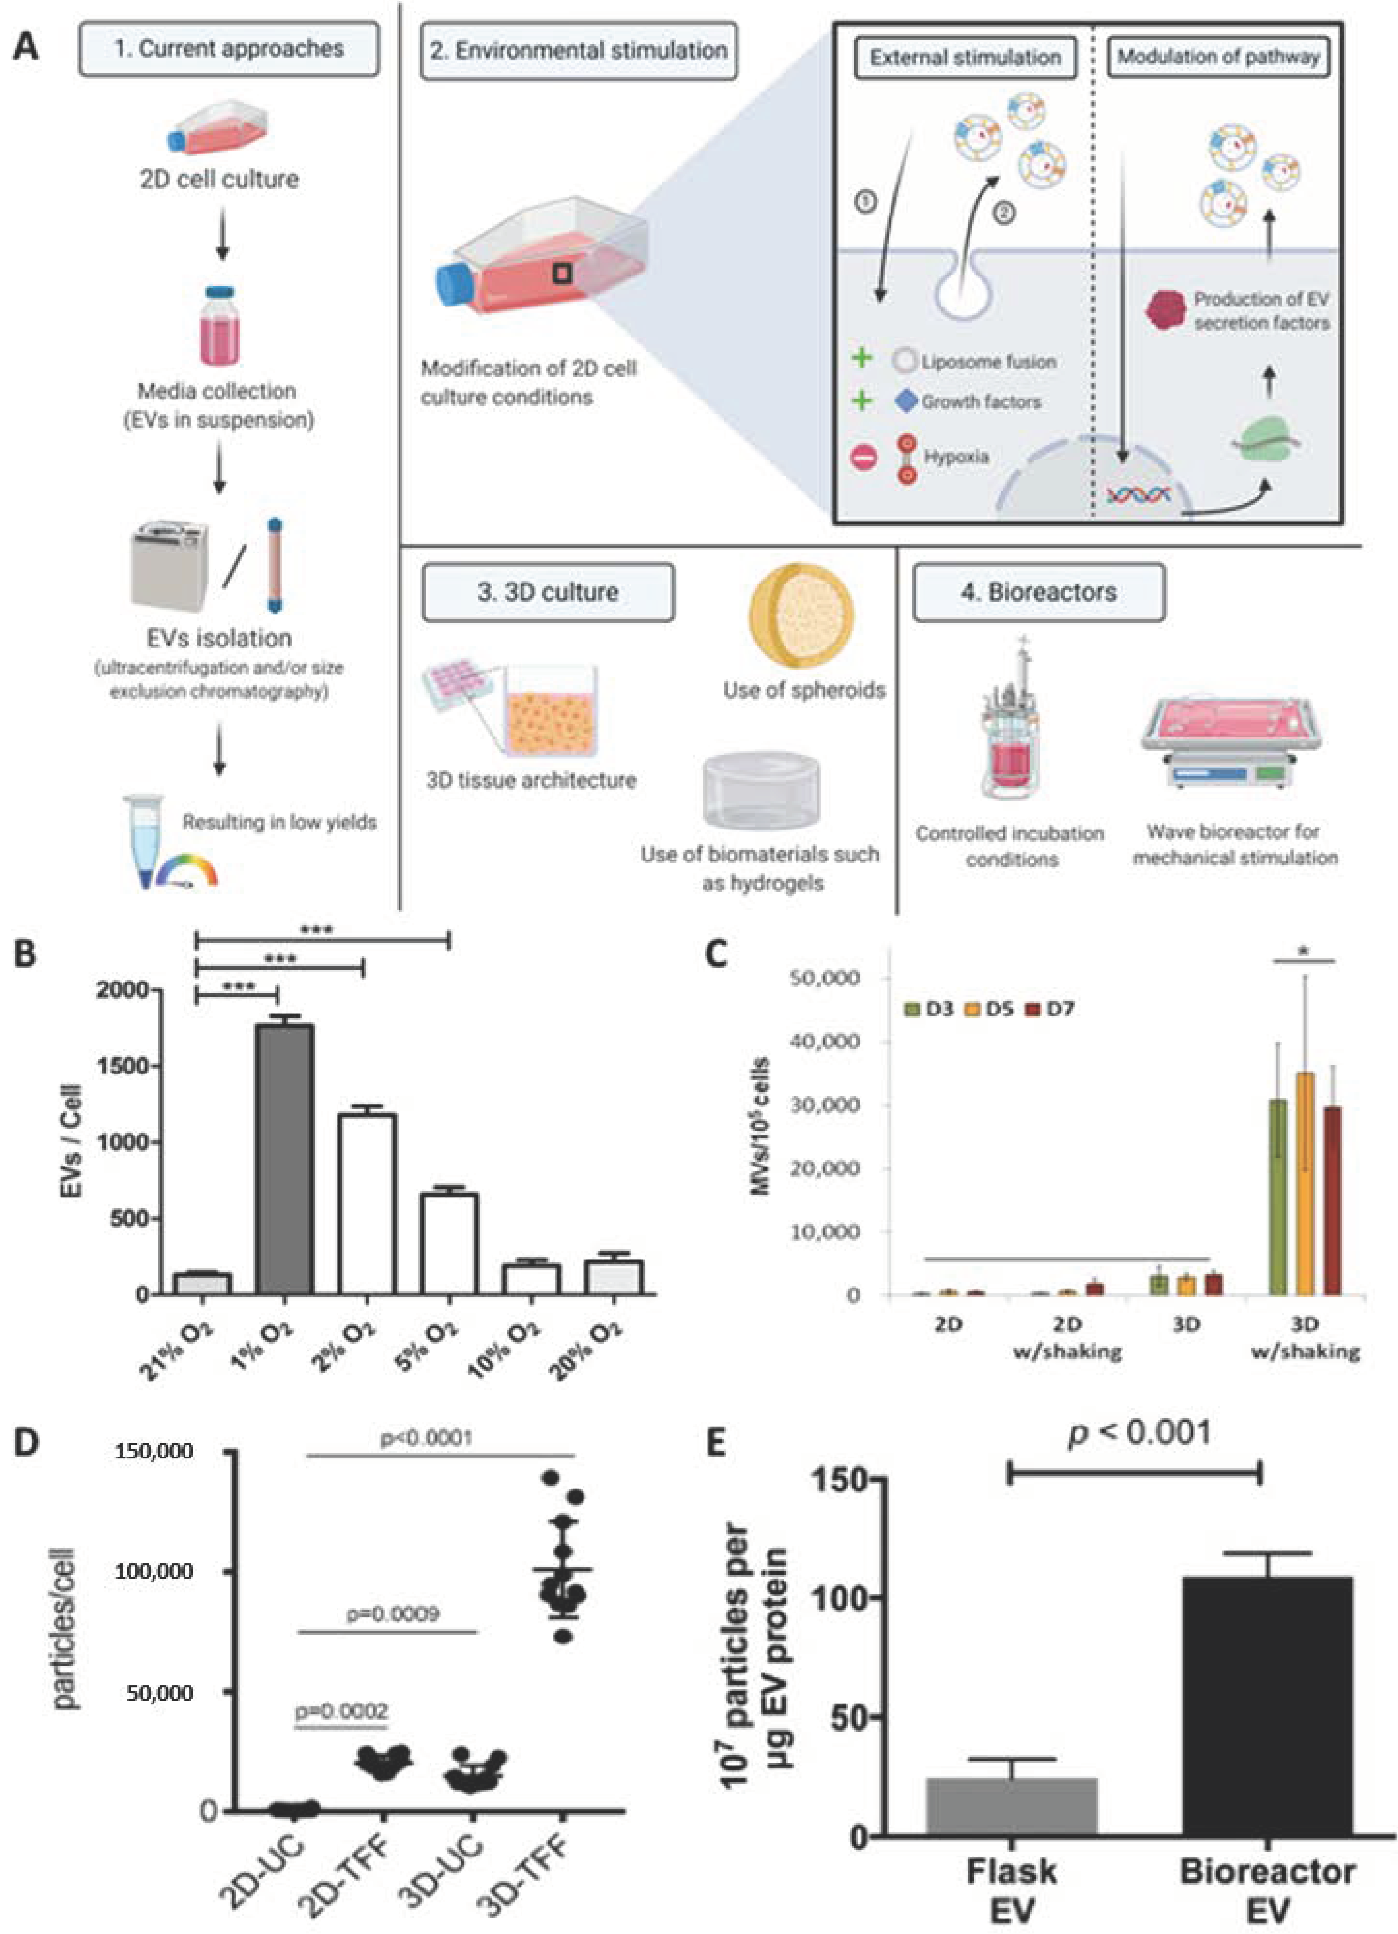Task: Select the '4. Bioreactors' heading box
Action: coord(1038,592)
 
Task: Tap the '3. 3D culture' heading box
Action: coord(548,592)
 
